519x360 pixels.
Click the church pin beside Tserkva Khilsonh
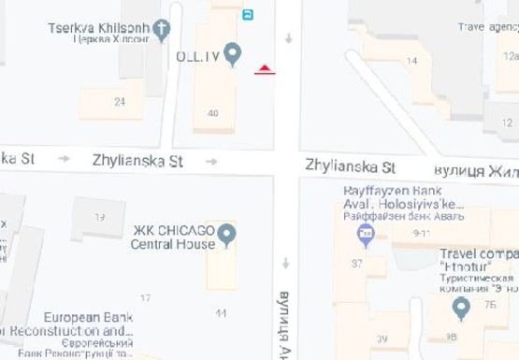[162, 28]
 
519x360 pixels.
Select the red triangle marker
[267, 69]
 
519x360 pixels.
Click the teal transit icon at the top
[247, 14]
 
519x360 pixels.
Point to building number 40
[213, 113]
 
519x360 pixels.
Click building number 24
[120, 101]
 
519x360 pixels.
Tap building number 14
[411, 61]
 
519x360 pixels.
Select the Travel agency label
[486, 28]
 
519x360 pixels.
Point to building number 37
[356, 265]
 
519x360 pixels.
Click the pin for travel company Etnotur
[460, 307]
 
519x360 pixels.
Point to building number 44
[221, 311]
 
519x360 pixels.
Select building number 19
[100, 217]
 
